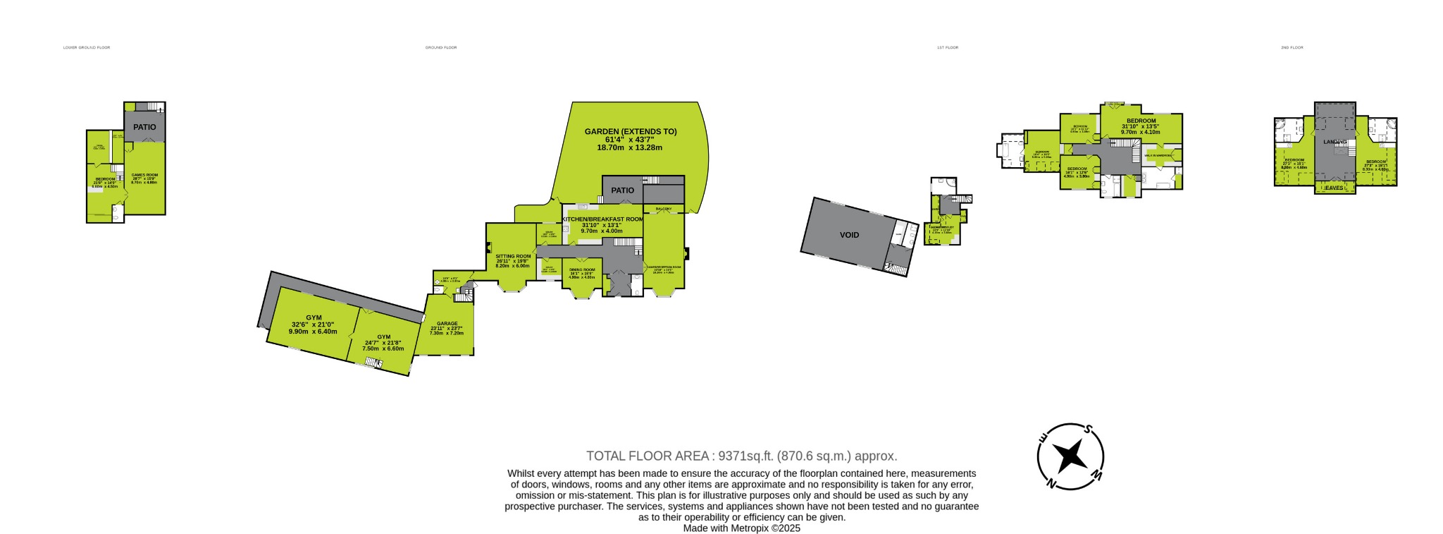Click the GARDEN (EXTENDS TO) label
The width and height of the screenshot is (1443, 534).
click(631, 131)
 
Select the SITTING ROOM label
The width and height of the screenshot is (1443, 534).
click(512, 256)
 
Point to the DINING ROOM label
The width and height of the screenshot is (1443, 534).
click(582, 269)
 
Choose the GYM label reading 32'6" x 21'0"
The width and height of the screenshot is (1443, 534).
click(313, 317)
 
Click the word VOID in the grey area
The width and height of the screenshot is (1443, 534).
click(849, 235)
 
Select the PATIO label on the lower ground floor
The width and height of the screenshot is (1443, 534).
click(144, 128)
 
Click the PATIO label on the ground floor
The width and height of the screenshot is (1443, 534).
click(622, 190)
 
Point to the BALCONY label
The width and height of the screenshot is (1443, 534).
click(663, 210)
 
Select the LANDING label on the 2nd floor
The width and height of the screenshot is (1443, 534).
click(1334, 142)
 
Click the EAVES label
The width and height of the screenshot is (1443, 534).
click(1334, 188)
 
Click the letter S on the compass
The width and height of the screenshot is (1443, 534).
click(1089, 429)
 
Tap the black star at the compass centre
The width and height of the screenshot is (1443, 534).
click(1070, 456)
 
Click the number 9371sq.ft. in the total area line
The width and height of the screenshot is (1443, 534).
click(741, 456)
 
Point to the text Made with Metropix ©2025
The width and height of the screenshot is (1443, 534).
click(741, 528)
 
